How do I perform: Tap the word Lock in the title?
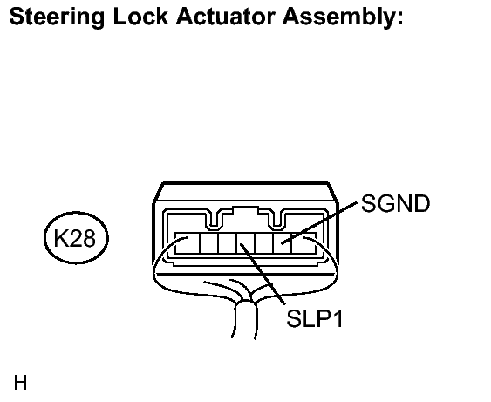pyautogui.click(x=140, y=17)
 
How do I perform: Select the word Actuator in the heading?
pyautogui.click(x=226, y=17)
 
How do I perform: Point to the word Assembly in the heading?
pyautogui.click(x=340, y=17)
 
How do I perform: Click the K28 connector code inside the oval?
pyautogui.click(x=74, y=238)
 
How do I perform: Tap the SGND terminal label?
pyautogui.click(x=395, y=203)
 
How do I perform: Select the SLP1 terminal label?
pyautogui.click(x=314, y=318)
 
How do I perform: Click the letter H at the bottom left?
pyautogui.click(x=20, y=383)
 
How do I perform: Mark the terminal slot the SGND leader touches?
pyautogui.click(x=283, y=243)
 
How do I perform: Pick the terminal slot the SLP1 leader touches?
pyautogui.click(x=246, y=243)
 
